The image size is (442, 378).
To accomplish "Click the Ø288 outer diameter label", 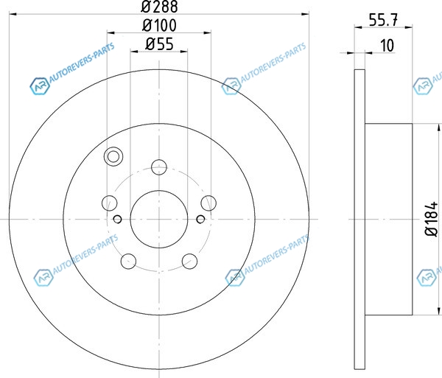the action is click(160, 6).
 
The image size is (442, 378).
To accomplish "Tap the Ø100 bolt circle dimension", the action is click(160, 25).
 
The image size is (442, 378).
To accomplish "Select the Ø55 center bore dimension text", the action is click(160, 44).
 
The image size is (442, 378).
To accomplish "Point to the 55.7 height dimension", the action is click(383, 20).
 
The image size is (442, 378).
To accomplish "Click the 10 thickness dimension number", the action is click(387, 46).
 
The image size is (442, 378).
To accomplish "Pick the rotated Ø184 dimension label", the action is click(432, 219).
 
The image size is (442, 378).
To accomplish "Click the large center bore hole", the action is click(159, 219).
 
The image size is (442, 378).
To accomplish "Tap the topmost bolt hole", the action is click(159, 167).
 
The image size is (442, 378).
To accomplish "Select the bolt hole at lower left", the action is click(128, 261).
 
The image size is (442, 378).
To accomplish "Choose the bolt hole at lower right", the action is click(190, 261).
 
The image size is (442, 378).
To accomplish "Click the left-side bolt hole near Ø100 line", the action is click(109, 203).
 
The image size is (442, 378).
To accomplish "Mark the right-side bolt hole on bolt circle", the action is click(208, 203).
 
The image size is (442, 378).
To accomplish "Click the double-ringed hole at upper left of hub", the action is click(113, 156).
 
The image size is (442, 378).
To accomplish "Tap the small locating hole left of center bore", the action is click(118, 219).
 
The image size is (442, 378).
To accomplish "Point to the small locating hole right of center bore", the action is click(200, 219).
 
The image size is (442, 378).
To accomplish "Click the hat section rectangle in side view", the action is click(389, 219).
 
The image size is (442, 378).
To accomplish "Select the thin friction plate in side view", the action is click(359, 219).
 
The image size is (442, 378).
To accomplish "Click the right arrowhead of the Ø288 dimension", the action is click(305, 13).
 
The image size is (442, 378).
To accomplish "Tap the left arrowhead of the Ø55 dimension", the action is click(134, 52).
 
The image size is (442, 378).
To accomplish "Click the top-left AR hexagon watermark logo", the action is click(40, 86).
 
